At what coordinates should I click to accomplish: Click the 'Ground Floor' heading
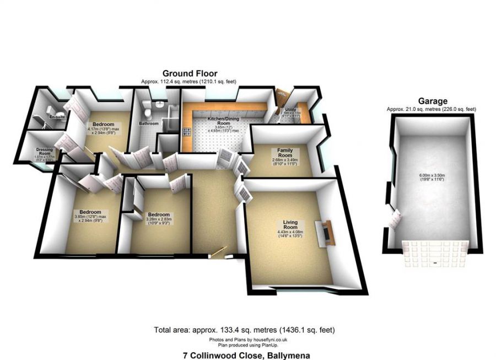pos(190,73)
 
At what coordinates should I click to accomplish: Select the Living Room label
pos(290,224)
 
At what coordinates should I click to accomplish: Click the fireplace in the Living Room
pos(325,231)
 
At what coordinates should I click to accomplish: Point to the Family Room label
pos(284,153)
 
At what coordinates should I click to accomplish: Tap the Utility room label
pos(290,110)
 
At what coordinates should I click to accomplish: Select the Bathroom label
pos(149,123)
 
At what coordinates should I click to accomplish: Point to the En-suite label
pos(56,117)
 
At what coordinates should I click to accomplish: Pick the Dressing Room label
pos(45,151)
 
